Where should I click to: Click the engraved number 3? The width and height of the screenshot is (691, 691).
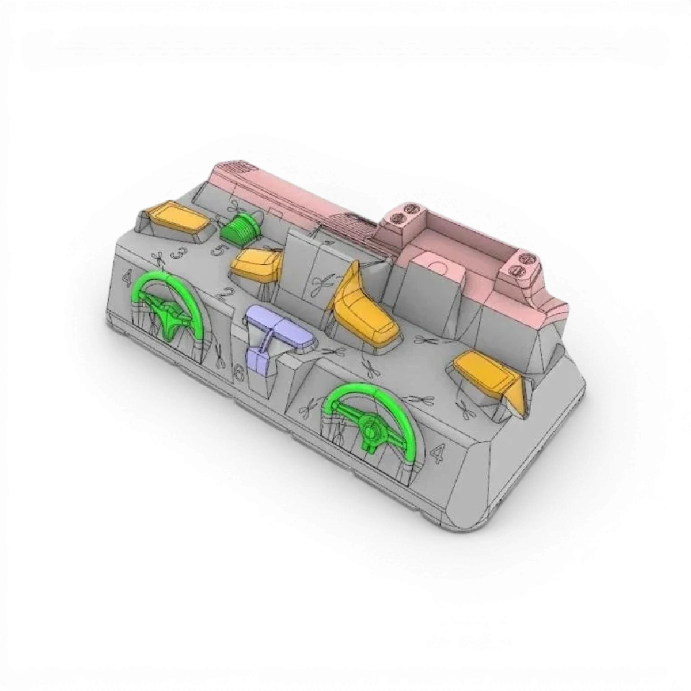[178, 253]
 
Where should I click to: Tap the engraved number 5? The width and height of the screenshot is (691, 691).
[219, 250]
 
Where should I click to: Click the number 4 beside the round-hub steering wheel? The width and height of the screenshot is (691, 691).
[438, 454]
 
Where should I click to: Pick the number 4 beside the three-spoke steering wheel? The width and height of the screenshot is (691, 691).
[127, 279]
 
